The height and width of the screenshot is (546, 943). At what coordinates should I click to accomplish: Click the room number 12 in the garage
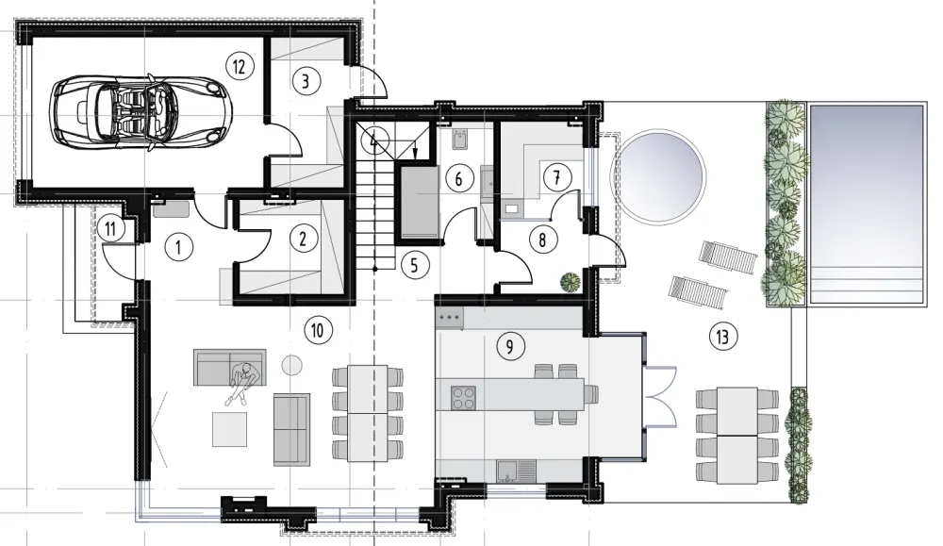click(x=239, y=66)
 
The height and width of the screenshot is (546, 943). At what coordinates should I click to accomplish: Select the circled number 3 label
click(x=306, y=80)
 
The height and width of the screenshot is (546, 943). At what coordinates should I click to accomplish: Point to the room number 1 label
click(x=178, y=247)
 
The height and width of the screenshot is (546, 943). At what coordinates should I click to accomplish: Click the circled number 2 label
click(x=303, y=239)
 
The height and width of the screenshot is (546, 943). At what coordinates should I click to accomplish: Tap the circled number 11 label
click(x=110, y=228)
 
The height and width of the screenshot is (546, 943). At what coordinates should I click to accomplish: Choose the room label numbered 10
click(x=318, y=329)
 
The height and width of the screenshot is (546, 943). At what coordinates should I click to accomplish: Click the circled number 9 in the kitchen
click(x=510, y=346)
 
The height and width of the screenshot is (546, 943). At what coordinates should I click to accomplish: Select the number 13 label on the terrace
click(x=722, y=336)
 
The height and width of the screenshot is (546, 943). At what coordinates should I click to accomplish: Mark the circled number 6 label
click(x=458, y=178)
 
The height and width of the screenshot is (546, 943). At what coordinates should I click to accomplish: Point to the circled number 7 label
click(x=557, y=177)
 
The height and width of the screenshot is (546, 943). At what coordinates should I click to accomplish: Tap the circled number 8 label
click(x=542, y=240)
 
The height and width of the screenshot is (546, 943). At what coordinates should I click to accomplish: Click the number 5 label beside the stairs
click(x=414, y=265)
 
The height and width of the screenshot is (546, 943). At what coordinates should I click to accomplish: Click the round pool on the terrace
click(x=657, y=176)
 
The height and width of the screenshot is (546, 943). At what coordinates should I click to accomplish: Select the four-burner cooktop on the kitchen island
click(x=464, y=398)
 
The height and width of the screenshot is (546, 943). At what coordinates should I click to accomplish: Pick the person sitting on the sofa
click(x=243, y=382)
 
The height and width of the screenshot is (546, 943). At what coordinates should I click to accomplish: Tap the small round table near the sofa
click(x=292, y=364)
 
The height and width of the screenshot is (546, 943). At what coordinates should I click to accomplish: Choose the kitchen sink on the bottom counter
click(x=516, y=471)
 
